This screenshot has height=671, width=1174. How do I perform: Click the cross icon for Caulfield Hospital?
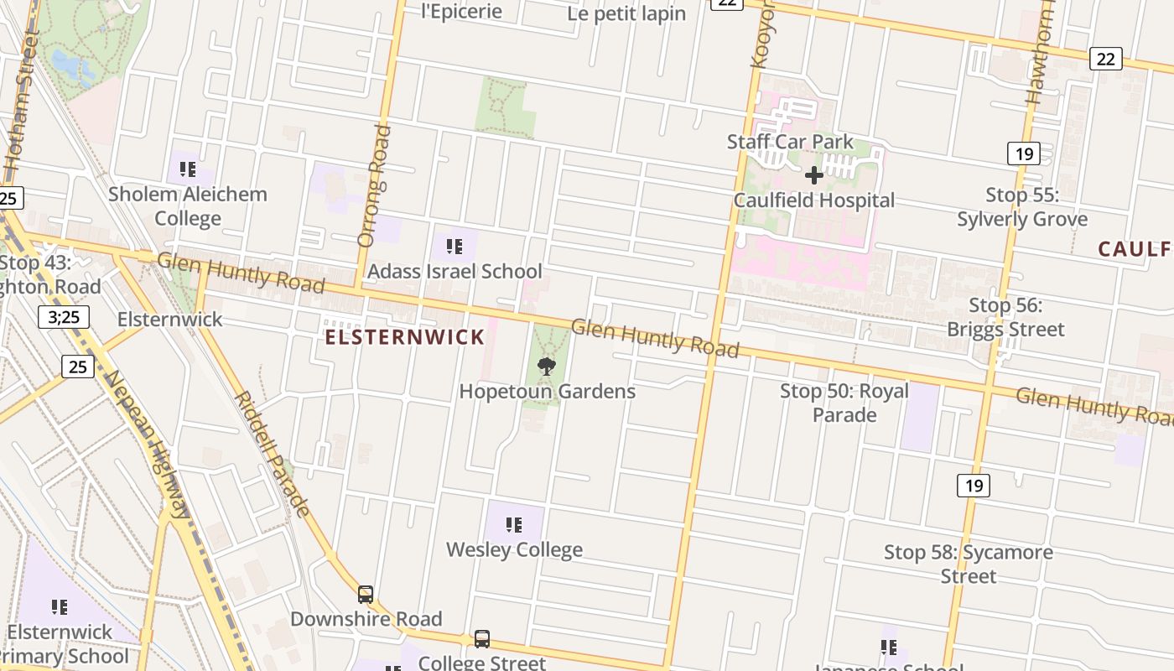tap(813, 175)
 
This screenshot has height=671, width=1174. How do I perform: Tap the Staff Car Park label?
tap(790, 142)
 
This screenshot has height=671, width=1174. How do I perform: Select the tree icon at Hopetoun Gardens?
tap(547, 367)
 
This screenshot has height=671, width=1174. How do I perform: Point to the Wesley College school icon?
tap(514, 526)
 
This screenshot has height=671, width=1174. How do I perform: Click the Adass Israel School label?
tap(455, 271)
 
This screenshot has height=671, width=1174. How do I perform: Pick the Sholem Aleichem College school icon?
tap(188, 169)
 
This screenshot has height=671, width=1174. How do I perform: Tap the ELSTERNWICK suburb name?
tap(405, 337)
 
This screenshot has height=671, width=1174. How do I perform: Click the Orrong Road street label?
tap(374, 186)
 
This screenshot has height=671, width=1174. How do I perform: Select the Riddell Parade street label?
tap(272, 453)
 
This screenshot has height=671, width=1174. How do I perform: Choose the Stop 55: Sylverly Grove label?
tap(1022, 207)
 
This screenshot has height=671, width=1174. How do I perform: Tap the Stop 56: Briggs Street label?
tap(1005, 317)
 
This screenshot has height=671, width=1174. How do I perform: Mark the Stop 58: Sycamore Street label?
tap(969, 564)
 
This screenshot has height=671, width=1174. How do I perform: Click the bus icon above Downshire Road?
tap(366, 595)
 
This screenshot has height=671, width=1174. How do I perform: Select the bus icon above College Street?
tap(482, 639)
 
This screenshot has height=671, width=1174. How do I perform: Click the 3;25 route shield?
tap(64, 317)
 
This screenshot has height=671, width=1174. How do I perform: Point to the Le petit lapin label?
tap(626, 13)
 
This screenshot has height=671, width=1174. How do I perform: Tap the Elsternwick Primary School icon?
tap(60, 606)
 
